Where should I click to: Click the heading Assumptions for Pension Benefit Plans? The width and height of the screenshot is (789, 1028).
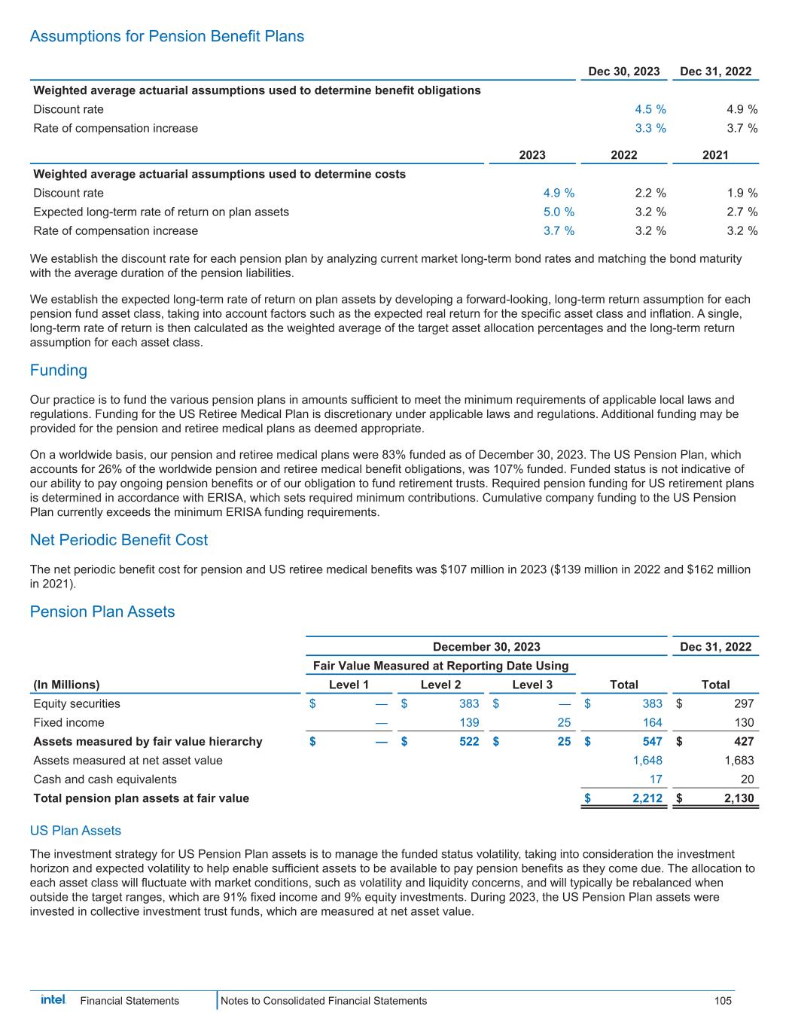[167, 37]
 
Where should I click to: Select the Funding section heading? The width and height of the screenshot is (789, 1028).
[59, 371]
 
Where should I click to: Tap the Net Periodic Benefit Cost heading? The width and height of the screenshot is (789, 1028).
[119, 540]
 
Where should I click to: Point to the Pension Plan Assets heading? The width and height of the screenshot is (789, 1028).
[102, 612]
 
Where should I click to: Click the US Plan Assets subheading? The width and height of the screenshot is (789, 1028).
[75, 831]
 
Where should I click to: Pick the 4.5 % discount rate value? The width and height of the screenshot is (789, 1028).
[650, 109]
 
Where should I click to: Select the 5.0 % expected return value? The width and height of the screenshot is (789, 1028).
[559, 212]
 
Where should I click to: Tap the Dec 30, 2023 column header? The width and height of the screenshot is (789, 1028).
[623, 72]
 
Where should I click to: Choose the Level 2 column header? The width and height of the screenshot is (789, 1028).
[440, 685]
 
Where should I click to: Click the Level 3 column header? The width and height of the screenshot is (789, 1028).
[532, 685]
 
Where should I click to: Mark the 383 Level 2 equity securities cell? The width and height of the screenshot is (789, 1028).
[469, 703]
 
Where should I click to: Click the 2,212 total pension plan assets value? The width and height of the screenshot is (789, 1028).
[646, 798]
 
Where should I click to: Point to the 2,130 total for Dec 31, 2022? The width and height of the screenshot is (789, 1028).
[738, 798]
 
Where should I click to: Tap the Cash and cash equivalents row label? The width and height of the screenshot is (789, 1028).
[105, 779]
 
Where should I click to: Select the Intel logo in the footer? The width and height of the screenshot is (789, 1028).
[53, 1000]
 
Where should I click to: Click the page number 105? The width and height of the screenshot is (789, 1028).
[723, 1001]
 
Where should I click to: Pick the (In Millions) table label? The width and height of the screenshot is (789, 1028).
[66, 685]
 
